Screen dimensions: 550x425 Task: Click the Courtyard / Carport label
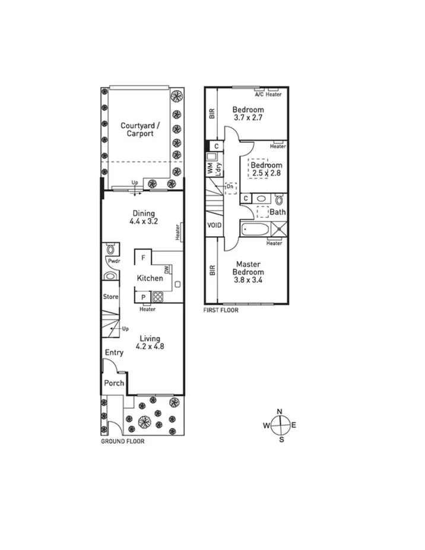point(137,129)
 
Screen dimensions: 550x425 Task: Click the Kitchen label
point(150,278)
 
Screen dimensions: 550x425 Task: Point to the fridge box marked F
point(142,258)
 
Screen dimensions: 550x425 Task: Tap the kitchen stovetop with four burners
point(158,298)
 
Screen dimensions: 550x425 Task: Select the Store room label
point(111,297)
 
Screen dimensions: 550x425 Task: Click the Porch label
point(114,383)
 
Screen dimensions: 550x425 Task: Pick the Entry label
point(114,353)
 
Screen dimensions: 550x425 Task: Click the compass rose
point(281,425)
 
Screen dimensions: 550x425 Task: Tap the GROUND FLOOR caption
point(122,441)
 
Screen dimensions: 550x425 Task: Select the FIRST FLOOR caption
point(221,310)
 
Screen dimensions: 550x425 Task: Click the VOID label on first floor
point(214,225)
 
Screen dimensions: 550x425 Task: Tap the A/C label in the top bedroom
point(259,94)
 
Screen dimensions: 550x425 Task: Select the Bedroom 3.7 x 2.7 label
point(248,113)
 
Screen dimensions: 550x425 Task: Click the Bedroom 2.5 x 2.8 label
point(267,169)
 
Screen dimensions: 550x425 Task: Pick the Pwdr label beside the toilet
point(113,261)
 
